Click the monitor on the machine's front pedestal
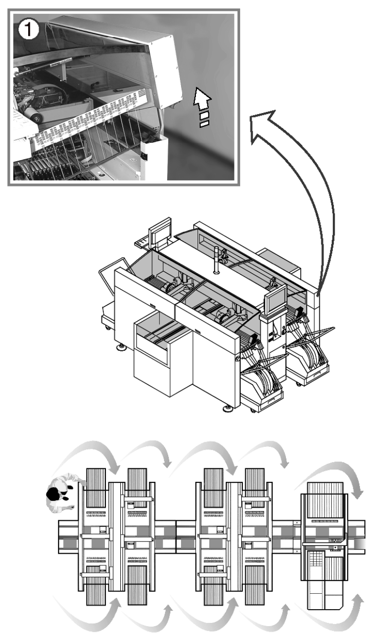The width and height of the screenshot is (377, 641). pos(276,299)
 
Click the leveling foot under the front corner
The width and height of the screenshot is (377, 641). pos(227,409)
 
